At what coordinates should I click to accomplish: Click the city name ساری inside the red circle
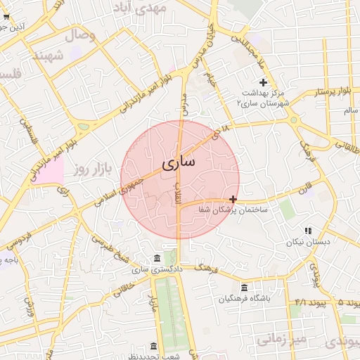tap(179, 162)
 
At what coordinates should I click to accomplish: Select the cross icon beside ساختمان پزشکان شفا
tap(233, 200)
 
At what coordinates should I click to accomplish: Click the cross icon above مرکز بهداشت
tap(263, 82)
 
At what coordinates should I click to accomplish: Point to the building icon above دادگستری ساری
tap(156, 257)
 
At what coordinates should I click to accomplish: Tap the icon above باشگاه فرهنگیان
tap(243, 288)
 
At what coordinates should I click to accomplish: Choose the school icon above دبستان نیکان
tap(308, 231)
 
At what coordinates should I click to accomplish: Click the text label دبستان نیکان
tap(303, 243)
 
